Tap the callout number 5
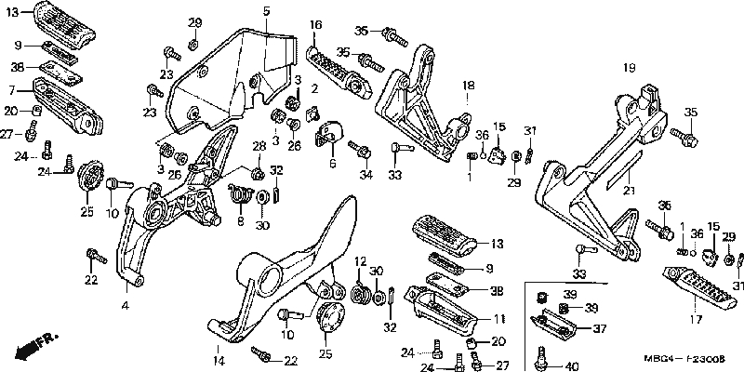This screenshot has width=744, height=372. [266, 11]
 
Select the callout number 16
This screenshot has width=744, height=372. [316, 25]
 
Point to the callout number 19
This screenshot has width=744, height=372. [629, 68]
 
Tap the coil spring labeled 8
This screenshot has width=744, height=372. [240, 193]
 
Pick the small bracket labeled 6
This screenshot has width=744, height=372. [328, 132]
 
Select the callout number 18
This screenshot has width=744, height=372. [469, 86]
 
